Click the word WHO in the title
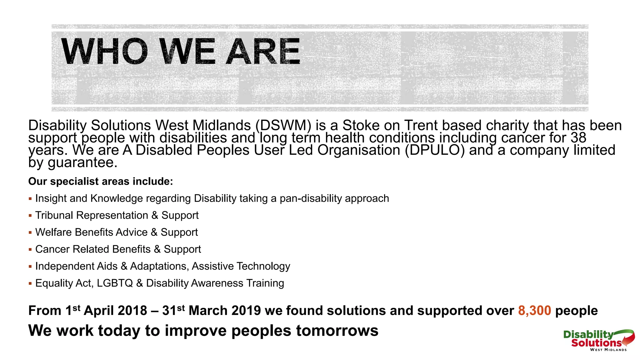point(104,52)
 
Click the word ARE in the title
point(263,52)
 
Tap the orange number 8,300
point(534,311)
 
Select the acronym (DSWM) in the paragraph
point(283,126)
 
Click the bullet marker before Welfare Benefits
point(30,232)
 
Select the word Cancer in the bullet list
point(52,249)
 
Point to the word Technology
point(263,266)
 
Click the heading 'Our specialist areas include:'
point(100,182)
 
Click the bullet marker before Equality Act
point(30,283)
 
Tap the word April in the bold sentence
point(99,311)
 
